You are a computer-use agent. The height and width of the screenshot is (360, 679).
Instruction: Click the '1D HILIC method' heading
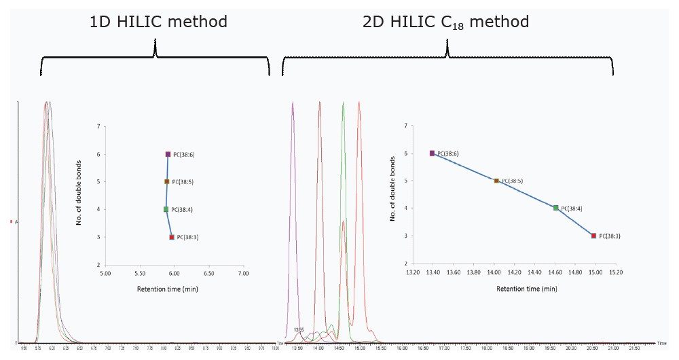[x=158, y=22]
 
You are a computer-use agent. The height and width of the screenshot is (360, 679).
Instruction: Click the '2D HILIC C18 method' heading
[x=446, y=22]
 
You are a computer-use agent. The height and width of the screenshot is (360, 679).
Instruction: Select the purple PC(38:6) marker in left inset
[x=168, y=154]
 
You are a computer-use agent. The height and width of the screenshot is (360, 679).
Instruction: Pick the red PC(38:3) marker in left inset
[x=172, y=237]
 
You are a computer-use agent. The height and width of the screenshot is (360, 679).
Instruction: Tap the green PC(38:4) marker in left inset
[x=166, y=209]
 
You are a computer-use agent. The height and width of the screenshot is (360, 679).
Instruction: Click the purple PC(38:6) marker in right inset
[x=432, y=154]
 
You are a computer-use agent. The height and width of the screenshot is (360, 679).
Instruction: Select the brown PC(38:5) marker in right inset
[x=496, y=181]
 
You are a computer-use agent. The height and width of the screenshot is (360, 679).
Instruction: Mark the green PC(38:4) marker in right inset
[x=555, y=208]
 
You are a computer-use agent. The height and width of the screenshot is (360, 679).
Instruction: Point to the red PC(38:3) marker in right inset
[x=593, y=236]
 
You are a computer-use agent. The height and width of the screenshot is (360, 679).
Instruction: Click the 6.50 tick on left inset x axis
[x=208, y=274]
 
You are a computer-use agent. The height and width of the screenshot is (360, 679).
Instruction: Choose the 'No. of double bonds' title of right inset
[x=392, y=188]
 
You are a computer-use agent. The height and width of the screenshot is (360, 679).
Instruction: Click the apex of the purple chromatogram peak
[x=293, y=103]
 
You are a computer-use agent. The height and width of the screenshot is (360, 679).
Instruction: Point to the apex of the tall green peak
[x=344, y=103]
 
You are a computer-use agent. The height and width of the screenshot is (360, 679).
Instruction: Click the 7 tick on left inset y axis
[x=98, y=126]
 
